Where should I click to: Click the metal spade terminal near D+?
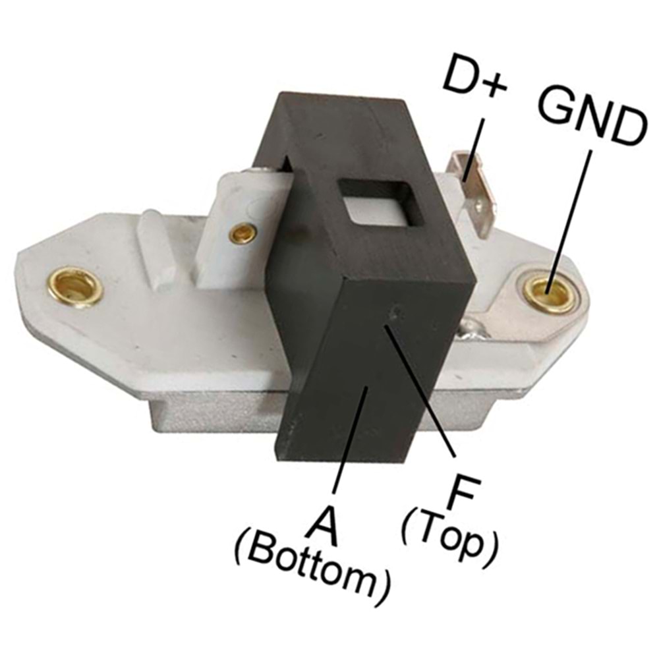pyautogui.click(x=473, y=196)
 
